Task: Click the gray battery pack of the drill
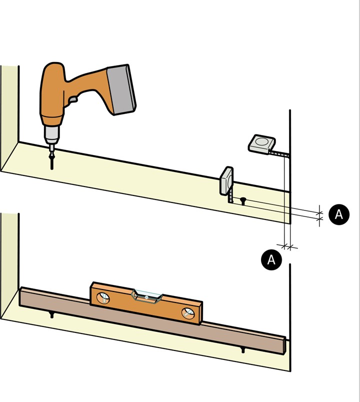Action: [x=121, y=89]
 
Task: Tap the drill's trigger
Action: [x=73, y=99]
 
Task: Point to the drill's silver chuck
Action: [x=52, y=134]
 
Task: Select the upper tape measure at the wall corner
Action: [x=261, y=144]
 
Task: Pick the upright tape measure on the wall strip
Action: [x=226, y=181]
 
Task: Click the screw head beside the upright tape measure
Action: [x=242, y=200]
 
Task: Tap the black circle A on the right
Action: [x=338, y=214]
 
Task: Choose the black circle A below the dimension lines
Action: [x=271, y=260]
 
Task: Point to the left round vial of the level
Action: [x=103, y=298]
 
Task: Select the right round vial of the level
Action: [x=188, y=313]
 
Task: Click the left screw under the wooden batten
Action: [x=52, y=315]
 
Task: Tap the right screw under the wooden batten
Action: [x=243, y=350]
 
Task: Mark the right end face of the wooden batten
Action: [x=284, y=346]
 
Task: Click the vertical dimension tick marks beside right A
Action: [x=319, y=216]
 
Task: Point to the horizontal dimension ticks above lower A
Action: [x=287, y=247]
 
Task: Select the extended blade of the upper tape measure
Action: [x=279, y=154]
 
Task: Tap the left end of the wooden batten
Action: [x=20, y=296]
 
